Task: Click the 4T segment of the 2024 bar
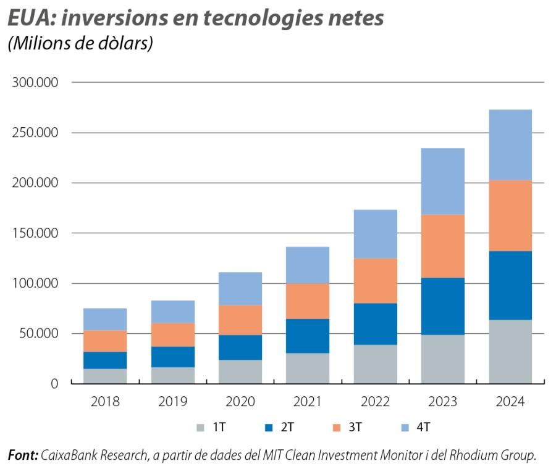pyautogui.click(x=510, y=145)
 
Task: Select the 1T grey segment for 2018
pyautogui.click(x=105, y=376)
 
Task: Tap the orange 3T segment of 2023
pyautogui.click(x=442, y=246)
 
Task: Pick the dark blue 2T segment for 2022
pyautogui.click(x=375, y=323)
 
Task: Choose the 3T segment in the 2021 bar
pyautogui.click(x=308, y=301)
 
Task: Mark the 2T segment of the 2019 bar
pyautogui.click(x=172, y=356)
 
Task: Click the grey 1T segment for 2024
pyautogui.click(x=510, y=351)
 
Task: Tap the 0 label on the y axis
pyautogui.click(x=54, y=384)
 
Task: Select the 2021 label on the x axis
pyautogui.click(x=308, y=402)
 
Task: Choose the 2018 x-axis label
pyautogui.click(x=105, y=402)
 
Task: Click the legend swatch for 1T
pyautogui.click(x=200, y=427)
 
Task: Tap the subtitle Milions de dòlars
pyautogui.click(x=80, y=45)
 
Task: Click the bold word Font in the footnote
pyautogui.click(x=22, y=455)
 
